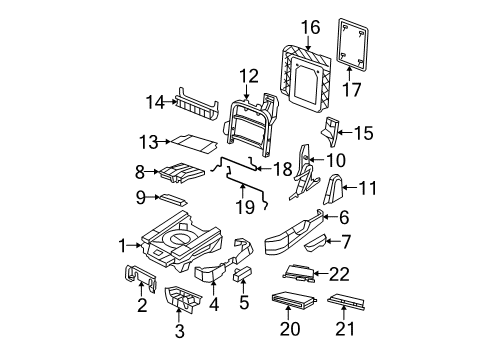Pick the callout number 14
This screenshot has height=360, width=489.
pyautogui.click(x=152, y=101)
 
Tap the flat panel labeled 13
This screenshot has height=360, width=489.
pyautogui.click(x=188, y=143)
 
